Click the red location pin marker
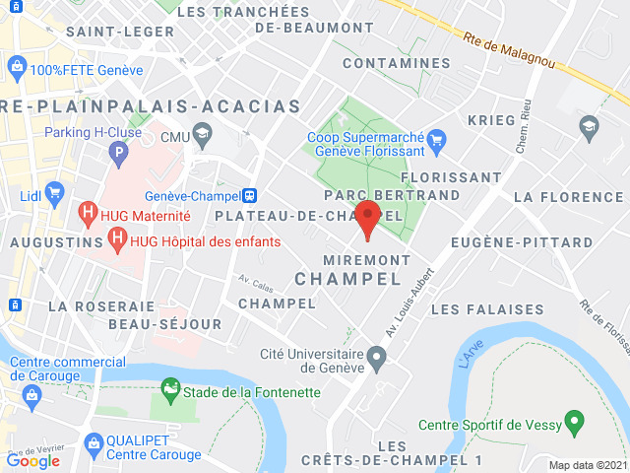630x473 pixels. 368,218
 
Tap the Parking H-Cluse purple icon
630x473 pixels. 118,153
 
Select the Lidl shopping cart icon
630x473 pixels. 55,192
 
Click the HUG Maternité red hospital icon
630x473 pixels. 88,213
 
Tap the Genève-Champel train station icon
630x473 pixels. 250,195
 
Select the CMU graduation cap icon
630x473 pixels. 202,133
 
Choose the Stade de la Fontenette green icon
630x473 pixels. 171,390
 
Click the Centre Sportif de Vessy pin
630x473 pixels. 575,425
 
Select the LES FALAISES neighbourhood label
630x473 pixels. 486,309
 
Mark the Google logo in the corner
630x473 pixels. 32,460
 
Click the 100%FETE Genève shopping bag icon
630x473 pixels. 16,69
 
